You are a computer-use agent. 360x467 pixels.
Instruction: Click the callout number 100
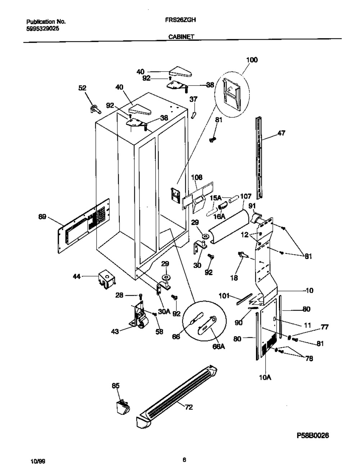pos(252,60)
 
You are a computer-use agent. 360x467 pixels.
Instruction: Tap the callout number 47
pos(281,133)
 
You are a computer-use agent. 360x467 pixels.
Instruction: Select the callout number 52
pos(82,87)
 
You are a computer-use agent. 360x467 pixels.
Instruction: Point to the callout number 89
pos(42,216)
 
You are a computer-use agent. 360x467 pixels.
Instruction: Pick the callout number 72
pos(188,407)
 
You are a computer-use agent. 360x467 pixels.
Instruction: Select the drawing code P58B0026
pos(312,436)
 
